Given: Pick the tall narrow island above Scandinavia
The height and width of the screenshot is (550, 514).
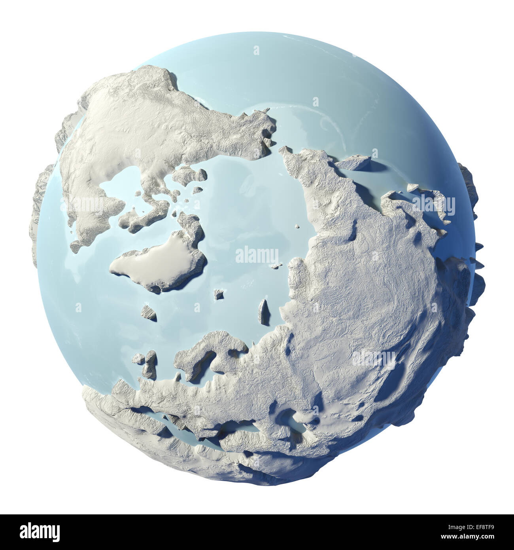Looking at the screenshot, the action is pos(263,312).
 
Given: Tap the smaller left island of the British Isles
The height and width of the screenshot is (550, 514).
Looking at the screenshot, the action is pos(138,358).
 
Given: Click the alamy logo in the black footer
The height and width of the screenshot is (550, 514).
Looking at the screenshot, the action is pos(40,532).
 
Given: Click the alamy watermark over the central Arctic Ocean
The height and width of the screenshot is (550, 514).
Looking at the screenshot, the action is pos(257,256).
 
